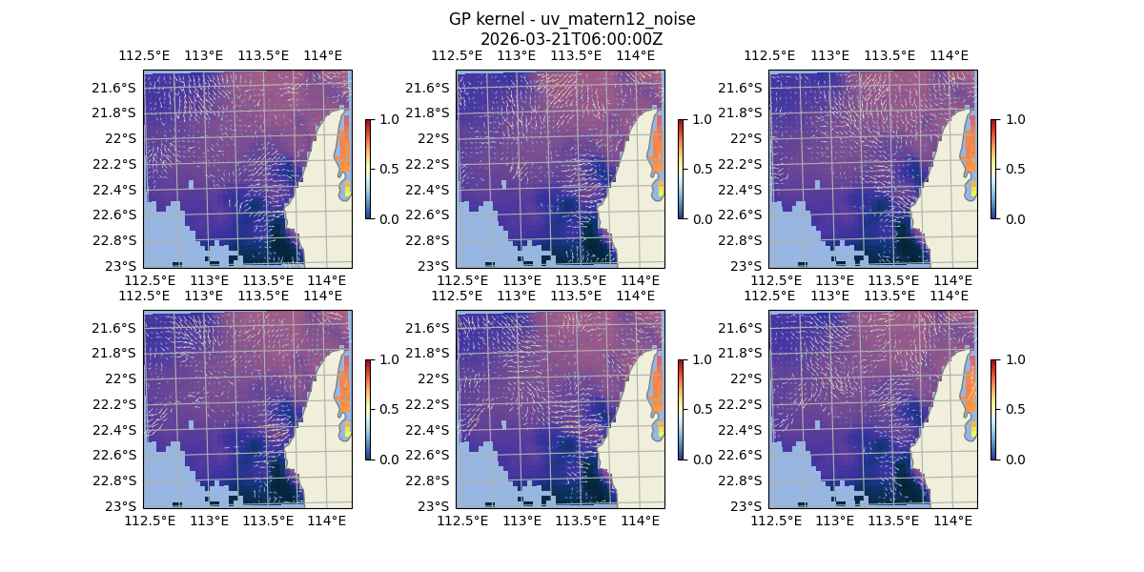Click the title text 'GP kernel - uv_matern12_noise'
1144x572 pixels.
[571, 20]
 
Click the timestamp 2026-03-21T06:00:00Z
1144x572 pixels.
[571, 39]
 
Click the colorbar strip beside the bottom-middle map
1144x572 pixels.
[681, 409]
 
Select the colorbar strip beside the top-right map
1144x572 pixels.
[993, 169]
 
